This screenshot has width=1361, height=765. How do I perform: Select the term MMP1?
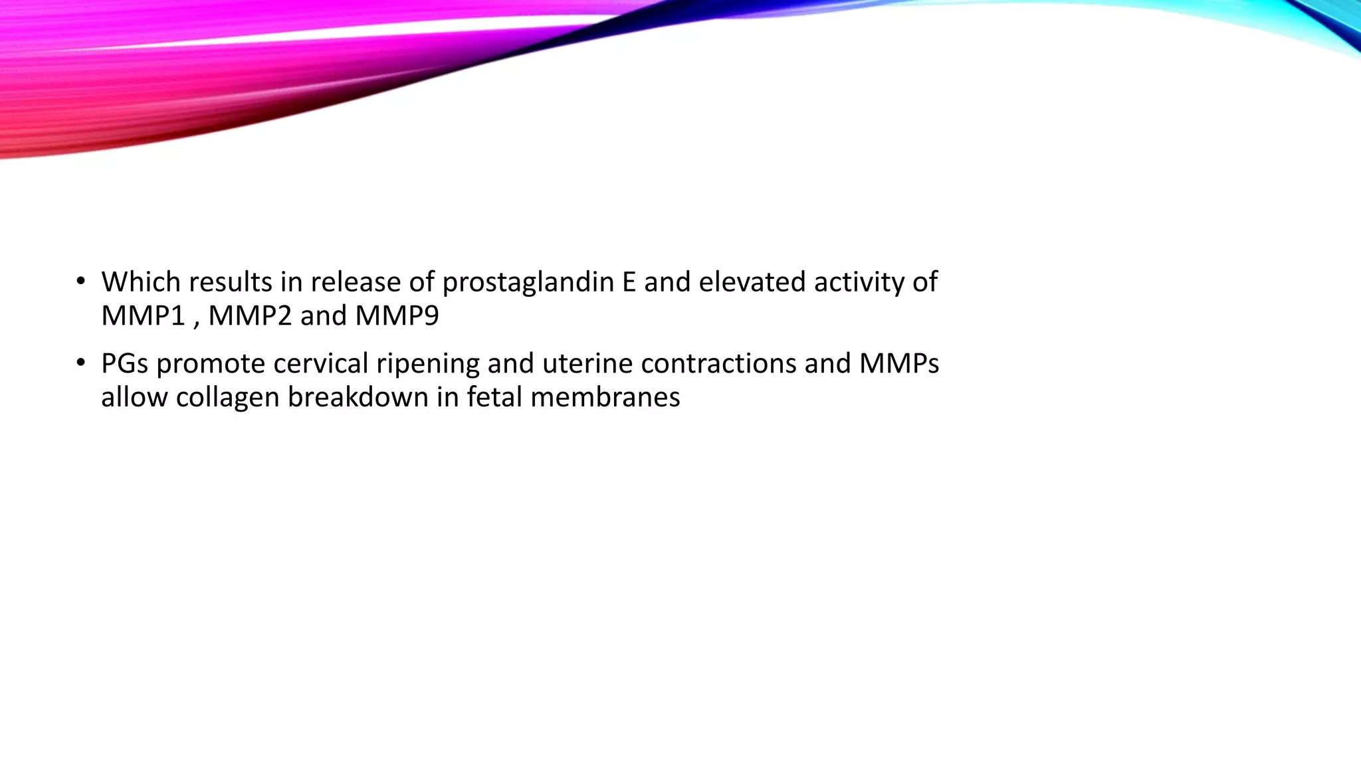click(143, 316)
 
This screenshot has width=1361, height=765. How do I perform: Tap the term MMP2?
click(250, 316)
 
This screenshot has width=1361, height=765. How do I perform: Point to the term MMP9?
click(397, 316)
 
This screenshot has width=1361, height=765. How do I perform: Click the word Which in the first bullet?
click(141, 283)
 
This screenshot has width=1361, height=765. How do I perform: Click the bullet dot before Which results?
click(80, 282)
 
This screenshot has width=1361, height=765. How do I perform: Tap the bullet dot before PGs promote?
click(80, 363)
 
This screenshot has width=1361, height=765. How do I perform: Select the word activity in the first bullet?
click(858, 283)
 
